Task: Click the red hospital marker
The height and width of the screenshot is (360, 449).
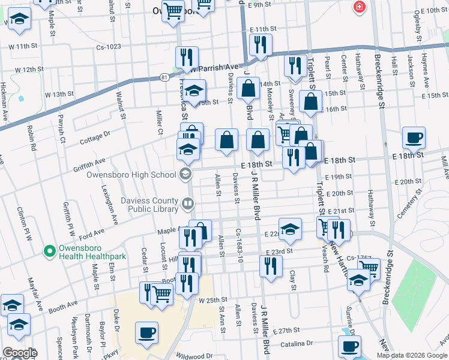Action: click(x=359, y=7)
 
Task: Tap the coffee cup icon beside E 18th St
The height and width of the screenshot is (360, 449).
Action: click(x=414, y=137)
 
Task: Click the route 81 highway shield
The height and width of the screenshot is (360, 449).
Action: click(x=164, y=77)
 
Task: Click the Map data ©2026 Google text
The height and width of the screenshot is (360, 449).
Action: click(x=412, y=355)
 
